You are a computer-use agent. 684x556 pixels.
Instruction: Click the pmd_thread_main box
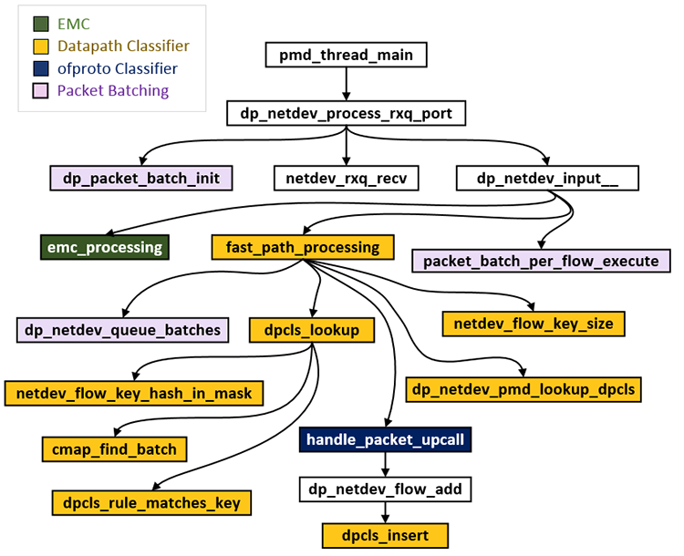tap(347, 56)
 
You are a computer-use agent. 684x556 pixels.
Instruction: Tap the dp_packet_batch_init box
tap(142, 178)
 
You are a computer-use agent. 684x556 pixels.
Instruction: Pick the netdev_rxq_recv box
tap(347, 178)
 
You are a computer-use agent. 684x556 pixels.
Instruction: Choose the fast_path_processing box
tap(303, 246)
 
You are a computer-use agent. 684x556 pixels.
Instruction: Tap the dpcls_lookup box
tap(313, 329)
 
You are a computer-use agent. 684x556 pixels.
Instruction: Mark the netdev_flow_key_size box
tap(534, 322)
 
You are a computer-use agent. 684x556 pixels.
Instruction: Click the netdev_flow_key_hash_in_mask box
tap(134, 393)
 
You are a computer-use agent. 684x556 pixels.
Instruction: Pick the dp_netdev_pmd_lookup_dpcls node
tap(523, 389)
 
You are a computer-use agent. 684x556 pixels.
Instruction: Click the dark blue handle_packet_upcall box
tap(386, 440)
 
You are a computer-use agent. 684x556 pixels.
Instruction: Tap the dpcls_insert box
tap(386, 534)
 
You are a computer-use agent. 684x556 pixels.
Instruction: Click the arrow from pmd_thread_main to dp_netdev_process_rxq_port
tap(347, 84)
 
